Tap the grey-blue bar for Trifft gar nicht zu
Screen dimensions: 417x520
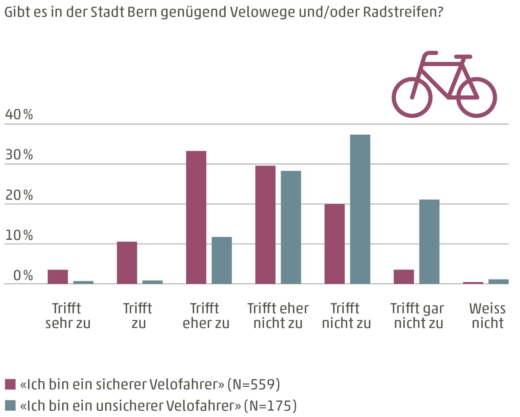pyautogui.click(x=429, y=242)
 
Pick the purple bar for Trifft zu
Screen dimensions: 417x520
pyautogui.click(x=127, y=263)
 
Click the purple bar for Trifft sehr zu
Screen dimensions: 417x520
pyautogui.click(x=58, y=277)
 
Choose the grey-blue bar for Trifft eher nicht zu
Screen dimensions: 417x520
pyautogui.click(x=291, y=227)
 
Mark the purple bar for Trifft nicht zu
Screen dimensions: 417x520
pyautogui.click(x=335, y=244)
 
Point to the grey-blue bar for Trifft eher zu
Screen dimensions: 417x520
pyautogui.click(x=222, y=260)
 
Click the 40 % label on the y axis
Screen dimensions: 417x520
pyautogui.click(x=19, y=115)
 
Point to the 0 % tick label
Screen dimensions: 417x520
pyautogui.click(x=23, y=276)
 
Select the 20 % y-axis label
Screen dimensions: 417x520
pyautogui.click(x=19, y=195)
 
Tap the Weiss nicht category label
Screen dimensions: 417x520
pyautogui.click(x=487, y=316)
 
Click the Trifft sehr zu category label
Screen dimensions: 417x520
pyautogui.click(x=68, y=316)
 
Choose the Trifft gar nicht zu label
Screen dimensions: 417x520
pyautogui.click(x=418, y=316)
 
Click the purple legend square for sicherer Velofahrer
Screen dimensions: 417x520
pyautogui.click(x=10, y=384)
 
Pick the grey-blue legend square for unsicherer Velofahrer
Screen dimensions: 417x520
pyautogui.click(x=10, y=405)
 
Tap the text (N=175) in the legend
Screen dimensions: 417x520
pyautogui.click(x=270, y=406)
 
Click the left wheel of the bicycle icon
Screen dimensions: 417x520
pyautogui.click(x=412, y=97)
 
